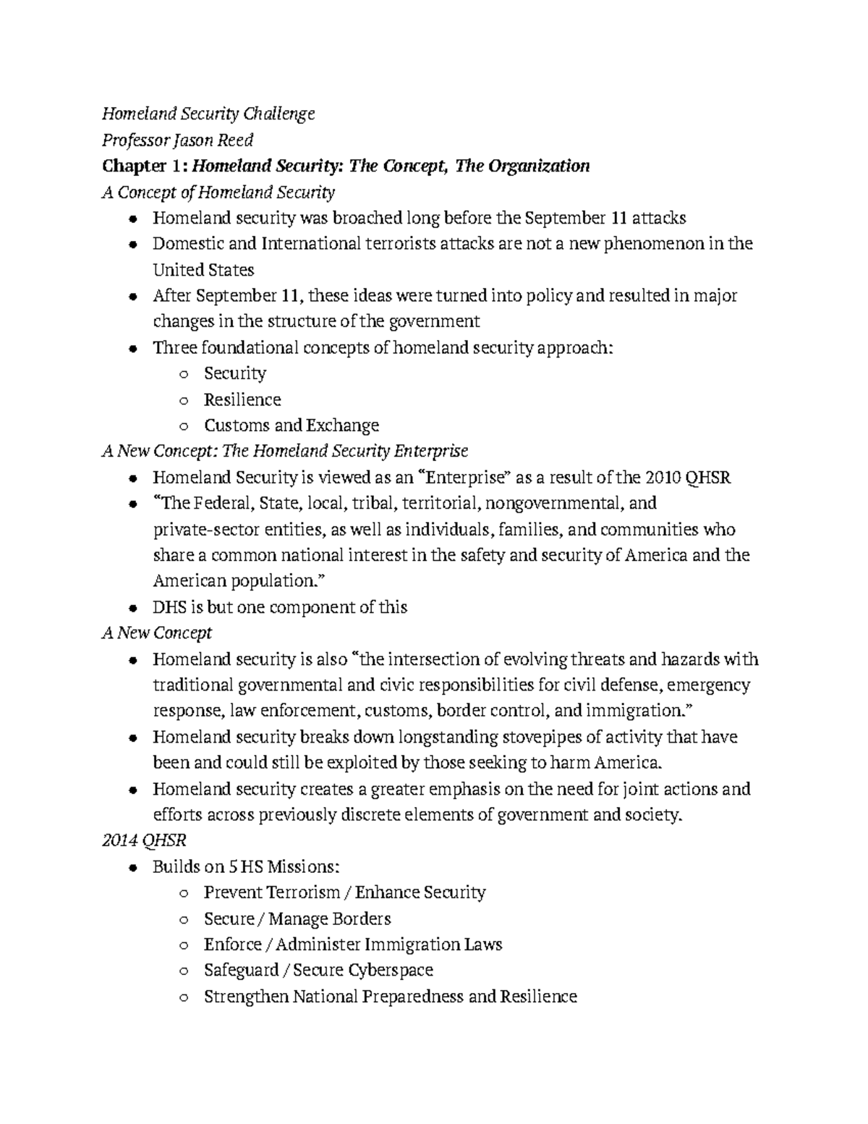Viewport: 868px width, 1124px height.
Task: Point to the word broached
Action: pos(367,218)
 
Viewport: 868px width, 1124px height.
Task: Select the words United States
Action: pos(203,270)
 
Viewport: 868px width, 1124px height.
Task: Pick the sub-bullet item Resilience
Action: pos(242,400)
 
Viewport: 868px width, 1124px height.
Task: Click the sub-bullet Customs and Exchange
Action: pos(291,426)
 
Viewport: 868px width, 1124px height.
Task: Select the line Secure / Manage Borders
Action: pos(297,919)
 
